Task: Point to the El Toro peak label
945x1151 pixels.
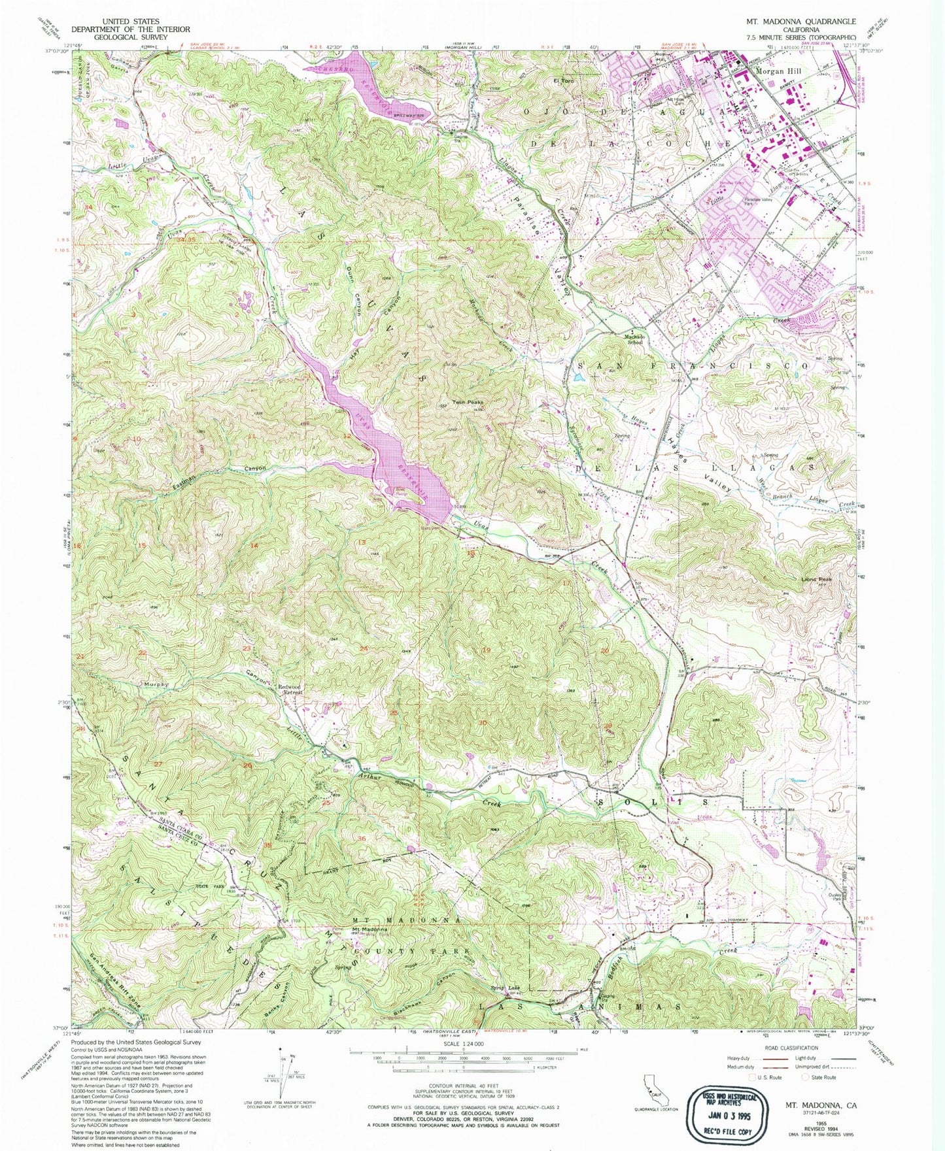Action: point(563,82)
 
